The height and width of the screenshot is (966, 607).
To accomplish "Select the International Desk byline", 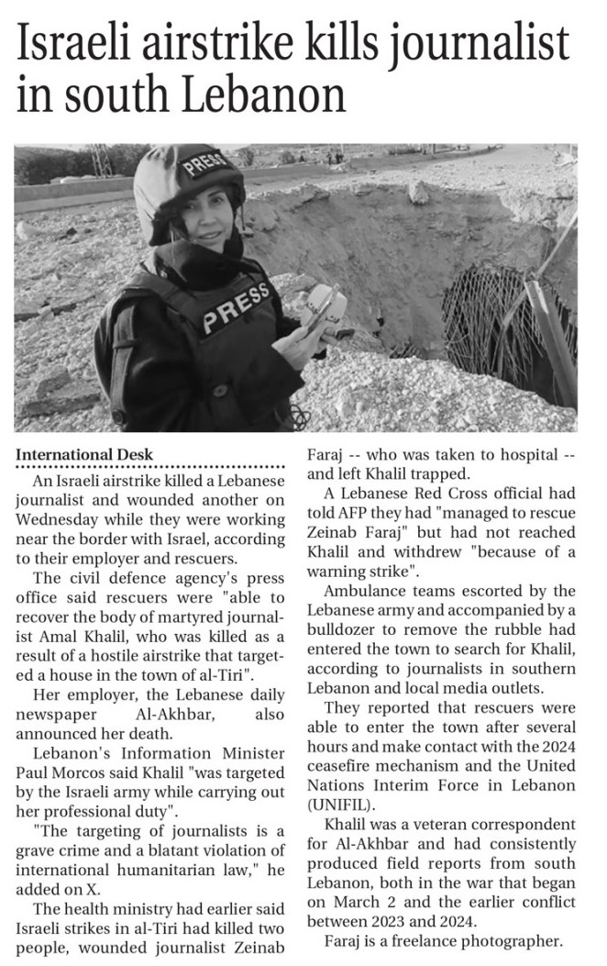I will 84,454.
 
